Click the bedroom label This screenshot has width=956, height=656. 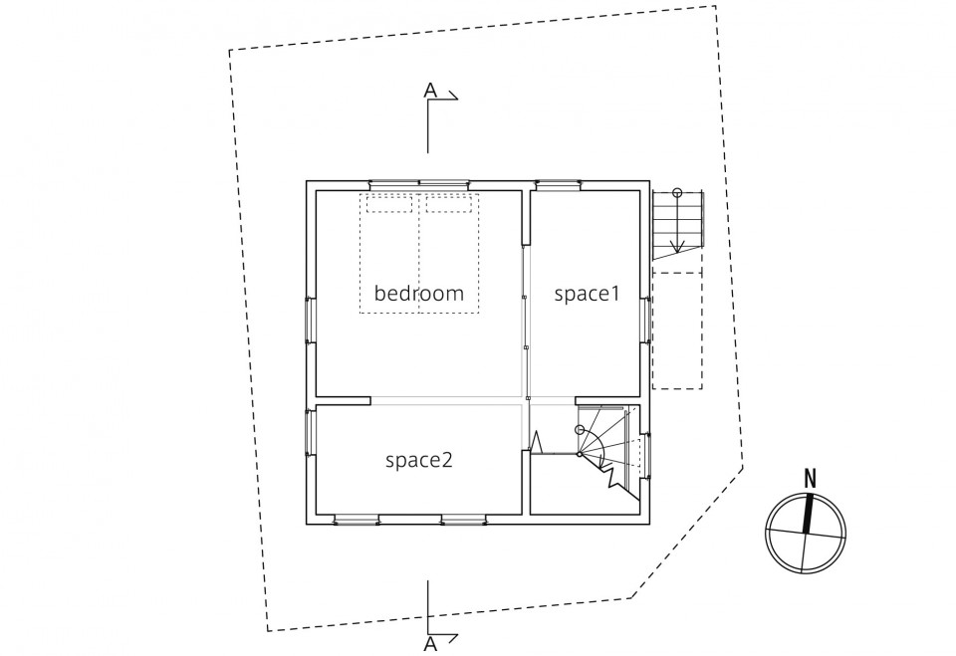tap(419, 294)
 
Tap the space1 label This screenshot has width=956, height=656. tap(587, 294)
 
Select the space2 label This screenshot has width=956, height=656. tap(419, 460)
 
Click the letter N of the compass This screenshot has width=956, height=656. tap(810, 478)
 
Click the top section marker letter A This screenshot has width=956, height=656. tap(430, 91)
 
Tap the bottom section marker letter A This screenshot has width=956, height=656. tap(430, 644)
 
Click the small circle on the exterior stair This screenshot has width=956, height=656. tap(677, 193)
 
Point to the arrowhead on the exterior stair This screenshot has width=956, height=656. tap(677, 246)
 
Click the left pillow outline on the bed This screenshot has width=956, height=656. tap(389, 204)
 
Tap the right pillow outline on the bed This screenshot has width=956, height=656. tap(449, 204)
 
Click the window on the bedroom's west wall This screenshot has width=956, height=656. tap(311, 321)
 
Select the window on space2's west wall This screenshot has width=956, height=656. tap(311, 433)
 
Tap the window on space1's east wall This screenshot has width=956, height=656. tap(645, 321)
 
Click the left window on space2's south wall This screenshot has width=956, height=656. tap(357, 520)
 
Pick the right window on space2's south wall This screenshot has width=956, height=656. tap(464, 520)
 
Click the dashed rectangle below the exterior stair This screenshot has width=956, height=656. tap(677, 330)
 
